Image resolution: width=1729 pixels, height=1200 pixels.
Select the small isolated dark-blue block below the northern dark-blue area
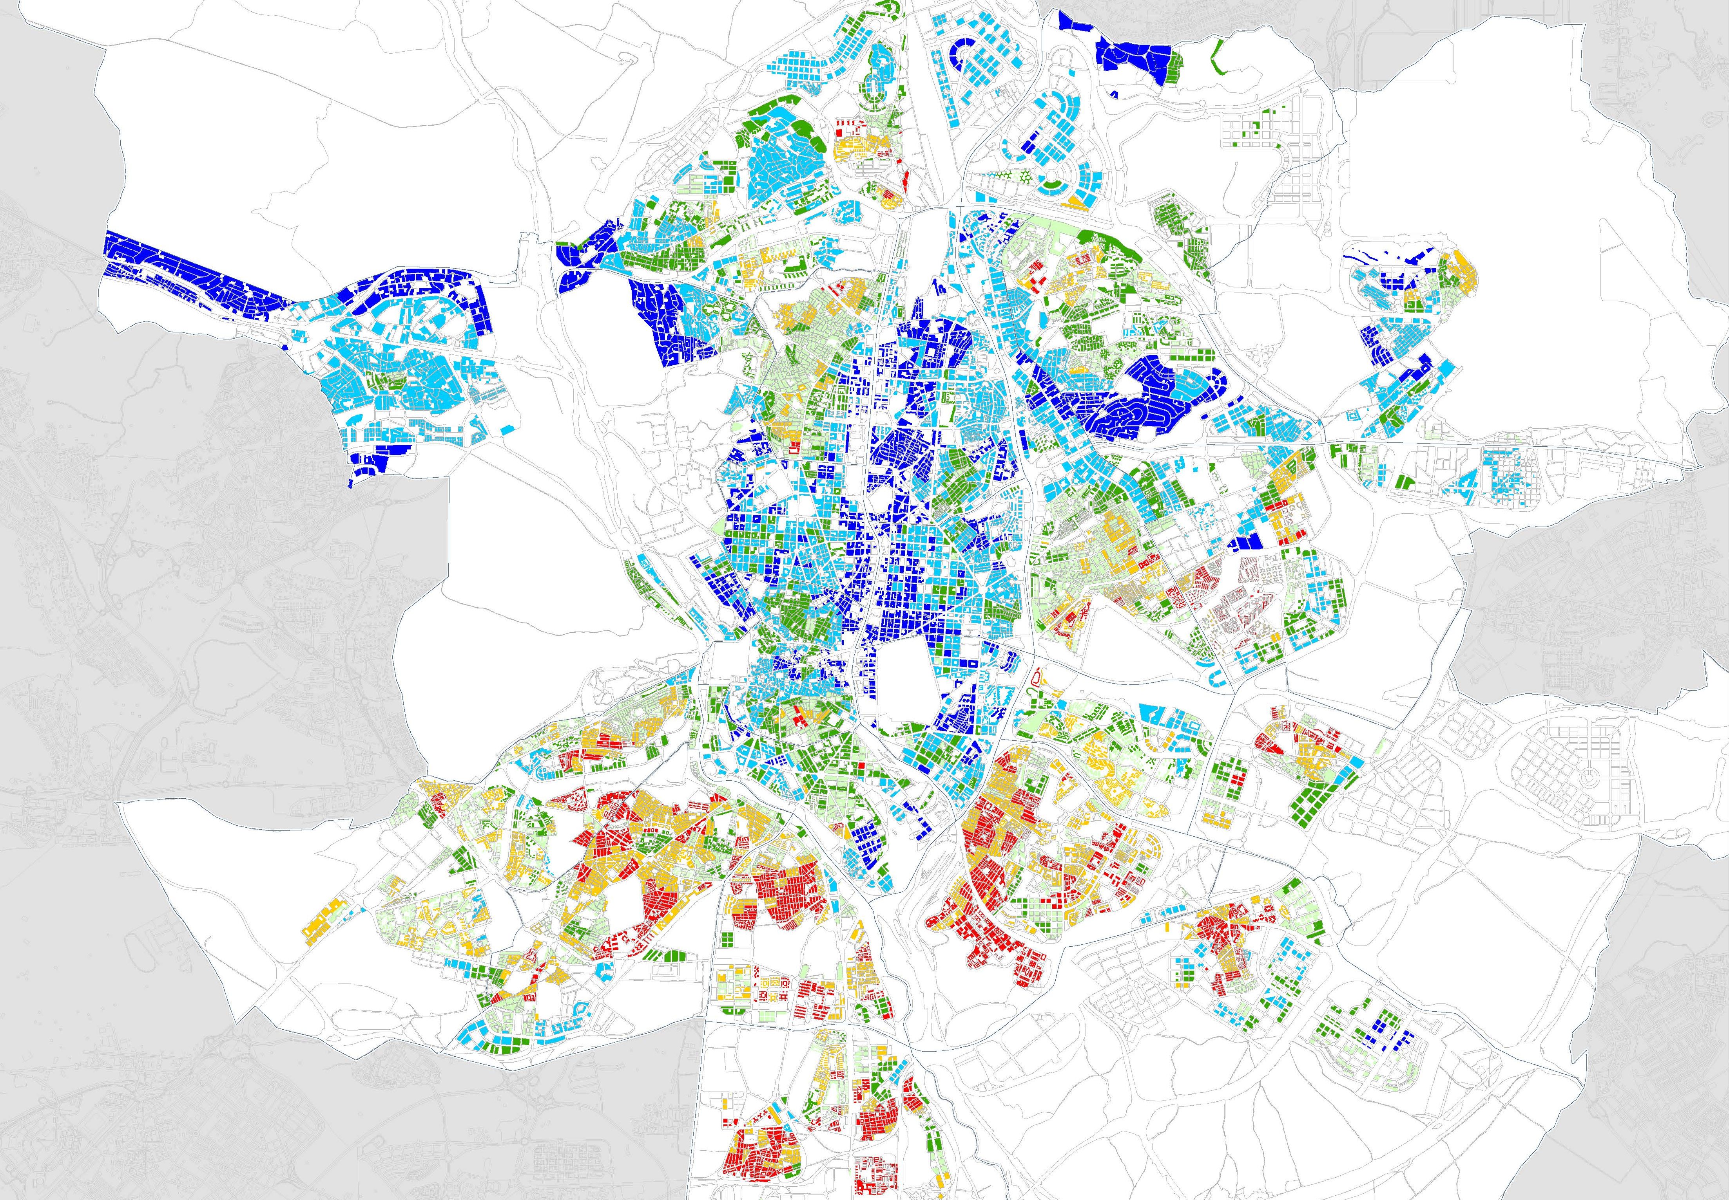(1114, 94)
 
